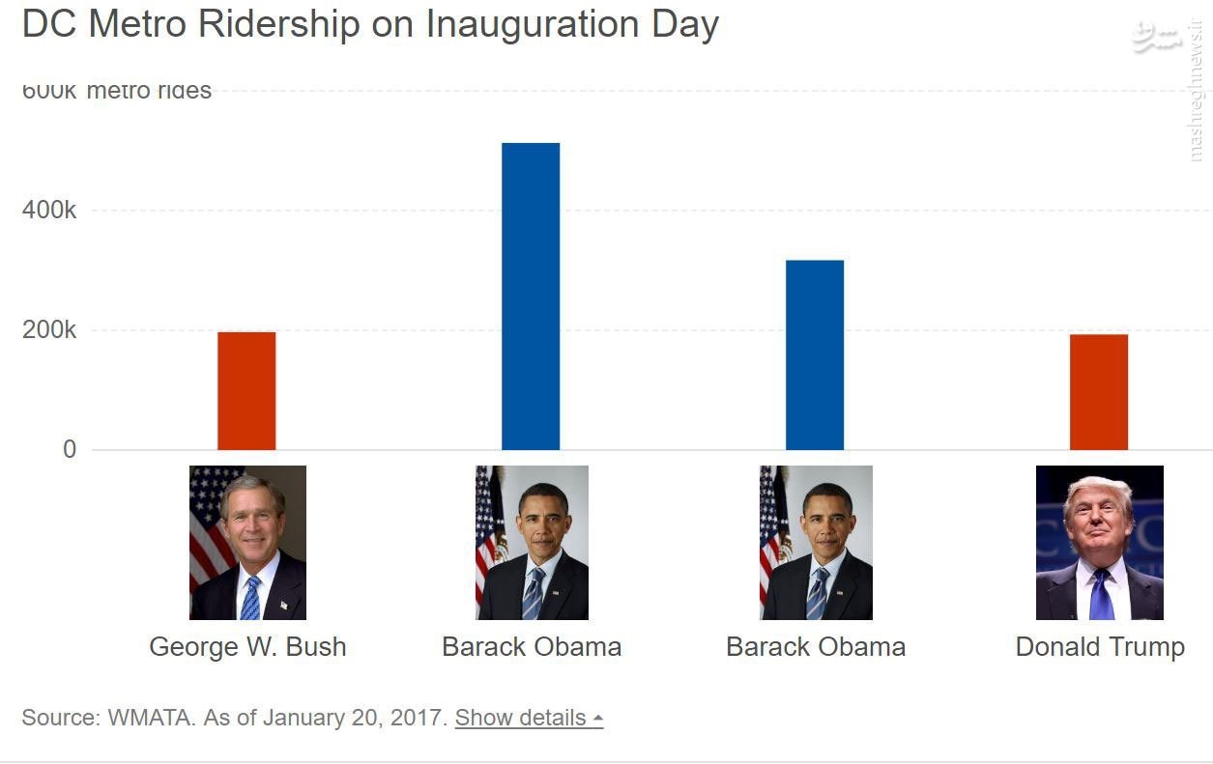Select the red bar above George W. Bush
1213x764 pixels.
tap(246, 390)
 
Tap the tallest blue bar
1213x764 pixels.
tap(531, 296)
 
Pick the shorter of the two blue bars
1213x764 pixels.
tap(815, 354)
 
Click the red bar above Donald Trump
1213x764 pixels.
tap(1099, 391)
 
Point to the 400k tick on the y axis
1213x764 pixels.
tap(49, 211)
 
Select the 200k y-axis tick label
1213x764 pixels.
tap(49, 330)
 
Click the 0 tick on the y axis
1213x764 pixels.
tap(69, 449)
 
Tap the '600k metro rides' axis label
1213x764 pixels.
tap(116, 91)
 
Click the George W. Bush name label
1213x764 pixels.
tap(247, 646)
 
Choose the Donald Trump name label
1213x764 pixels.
tap(1100, 646)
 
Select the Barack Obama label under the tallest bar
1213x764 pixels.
tap(532, 646)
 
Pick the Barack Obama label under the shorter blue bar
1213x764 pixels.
tap(816, 646)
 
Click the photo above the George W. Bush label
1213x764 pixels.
tap(247, 542)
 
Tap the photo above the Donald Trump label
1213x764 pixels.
tap(1100, 542)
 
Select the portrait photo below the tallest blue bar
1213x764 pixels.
tap(532, 542)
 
